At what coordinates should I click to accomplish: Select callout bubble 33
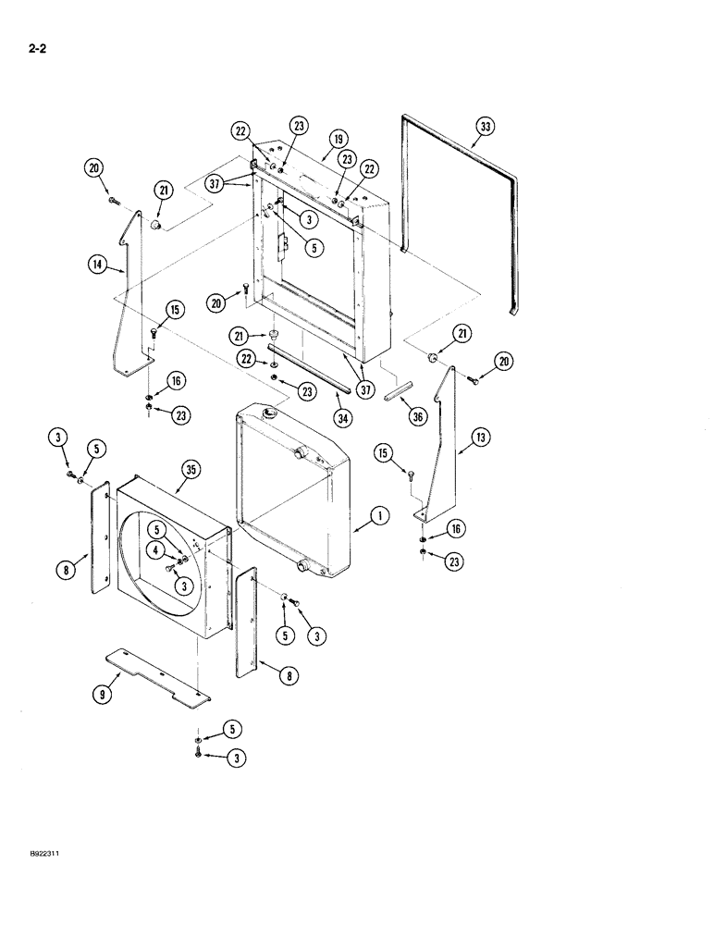click(x=486, y=126)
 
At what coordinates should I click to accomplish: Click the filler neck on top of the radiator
click(x=273, y=413)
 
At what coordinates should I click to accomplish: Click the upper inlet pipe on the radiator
click(x=302, y=453)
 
